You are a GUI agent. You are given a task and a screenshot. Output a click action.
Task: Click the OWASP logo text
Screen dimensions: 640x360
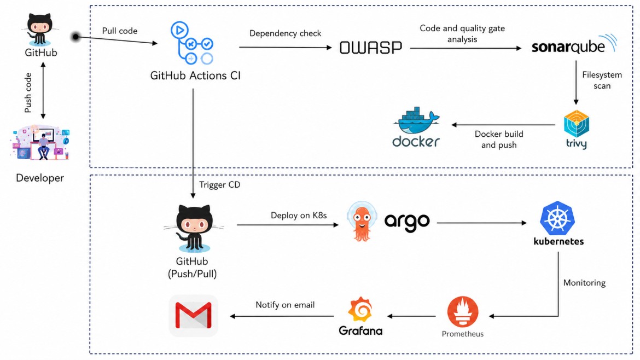point(371,48)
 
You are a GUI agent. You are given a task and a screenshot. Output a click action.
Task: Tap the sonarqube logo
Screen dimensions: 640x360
point(574,44)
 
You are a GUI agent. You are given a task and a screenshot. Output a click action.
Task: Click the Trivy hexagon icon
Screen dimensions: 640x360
point(577,124)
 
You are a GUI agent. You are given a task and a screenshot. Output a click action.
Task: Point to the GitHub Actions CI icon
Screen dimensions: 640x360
point(192,43)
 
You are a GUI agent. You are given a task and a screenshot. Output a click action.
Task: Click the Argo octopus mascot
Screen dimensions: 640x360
point(362,222)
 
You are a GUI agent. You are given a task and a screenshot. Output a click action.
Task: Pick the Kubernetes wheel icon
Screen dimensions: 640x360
point(557,218)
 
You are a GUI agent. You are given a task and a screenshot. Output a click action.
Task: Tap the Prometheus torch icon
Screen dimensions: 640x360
point(462,312)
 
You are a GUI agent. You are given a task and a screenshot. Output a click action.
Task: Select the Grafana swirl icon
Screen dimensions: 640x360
point(360,310)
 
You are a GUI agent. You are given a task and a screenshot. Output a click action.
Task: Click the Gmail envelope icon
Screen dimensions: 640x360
point(194,316)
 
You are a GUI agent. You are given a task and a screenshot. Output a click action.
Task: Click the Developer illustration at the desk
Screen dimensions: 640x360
point(40,142)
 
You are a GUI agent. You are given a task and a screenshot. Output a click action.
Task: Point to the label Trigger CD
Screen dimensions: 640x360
point(219,185)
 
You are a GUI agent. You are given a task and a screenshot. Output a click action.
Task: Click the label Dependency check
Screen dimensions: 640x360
point(286,33)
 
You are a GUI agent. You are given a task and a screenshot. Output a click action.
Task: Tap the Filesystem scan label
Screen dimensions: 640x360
point(602,80)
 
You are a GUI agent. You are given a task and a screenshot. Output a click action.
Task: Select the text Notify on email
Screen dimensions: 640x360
point(285,305)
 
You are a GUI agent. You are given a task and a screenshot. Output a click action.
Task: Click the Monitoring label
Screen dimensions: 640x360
point(584,283)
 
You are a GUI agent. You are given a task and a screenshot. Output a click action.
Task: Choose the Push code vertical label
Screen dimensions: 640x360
point(28,92)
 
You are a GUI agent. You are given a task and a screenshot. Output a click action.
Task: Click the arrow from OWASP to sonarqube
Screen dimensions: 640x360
point(466,48)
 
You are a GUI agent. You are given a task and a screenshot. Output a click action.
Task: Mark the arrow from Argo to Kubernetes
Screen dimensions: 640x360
point(481,223)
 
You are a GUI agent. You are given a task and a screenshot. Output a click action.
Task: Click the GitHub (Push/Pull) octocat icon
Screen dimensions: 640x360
point(194,228)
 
